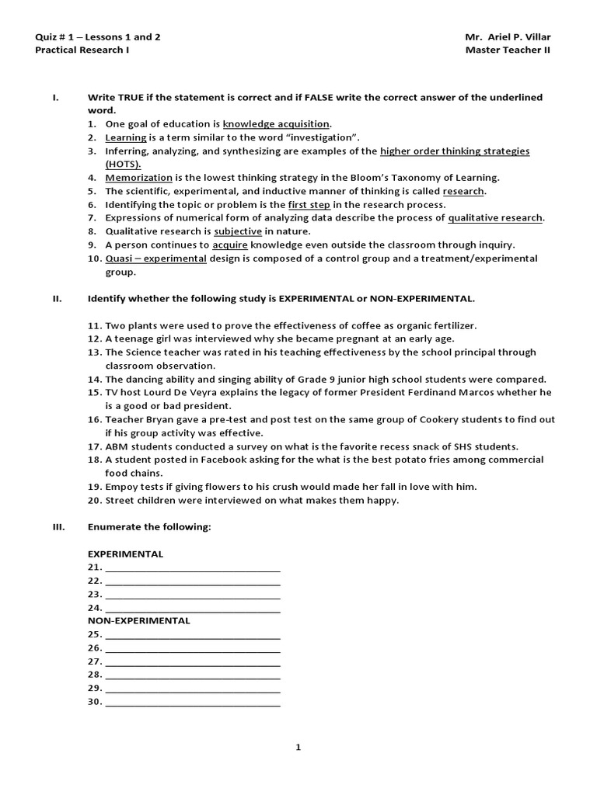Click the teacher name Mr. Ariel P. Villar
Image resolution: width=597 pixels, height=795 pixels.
(512, 36)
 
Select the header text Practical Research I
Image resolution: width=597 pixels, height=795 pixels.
(82, 50)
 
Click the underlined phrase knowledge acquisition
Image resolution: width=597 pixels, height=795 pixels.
(276, 123)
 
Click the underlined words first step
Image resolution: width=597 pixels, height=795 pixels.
(309, 204)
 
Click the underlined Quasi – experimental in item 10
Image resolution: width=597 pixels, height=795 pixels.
(156, 258)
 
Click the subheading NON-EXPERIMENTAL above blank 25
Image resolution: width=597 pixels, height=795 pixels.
(138, 621)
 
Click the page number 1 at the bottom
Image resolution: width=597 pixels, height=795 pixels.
(298, 748)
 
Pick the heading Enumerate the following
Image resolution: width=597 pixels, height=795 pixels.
(149, 528)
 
